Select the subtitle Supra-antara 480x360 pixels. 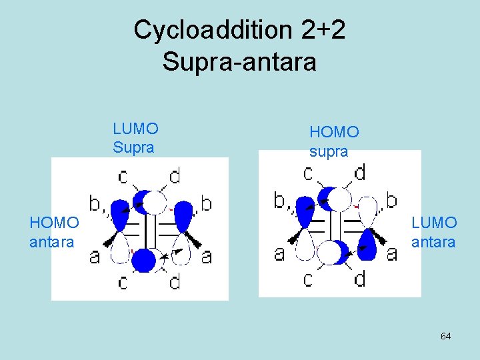coord(239,62)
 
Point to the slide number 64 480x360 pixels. coord(445,336)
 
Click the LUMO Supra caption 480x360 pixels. coord(135,138)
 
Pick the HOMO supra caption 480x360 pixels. coord(334,142)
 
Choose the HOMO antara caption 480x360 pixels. coord(53,231)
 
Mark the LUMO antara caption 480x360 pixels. coord(434,231)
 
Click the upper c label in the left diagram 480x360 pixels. coord(123,177)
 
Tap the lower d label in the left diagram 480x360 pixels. coord(174,282)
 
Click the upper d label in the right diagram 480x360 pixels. coord(359,173)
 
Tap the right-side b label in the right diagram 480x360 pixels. coord(392,199)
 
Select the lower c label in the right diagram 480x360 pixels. coord(307,278)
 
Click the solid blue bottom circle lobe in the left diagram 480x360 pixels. coord(143,259)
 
